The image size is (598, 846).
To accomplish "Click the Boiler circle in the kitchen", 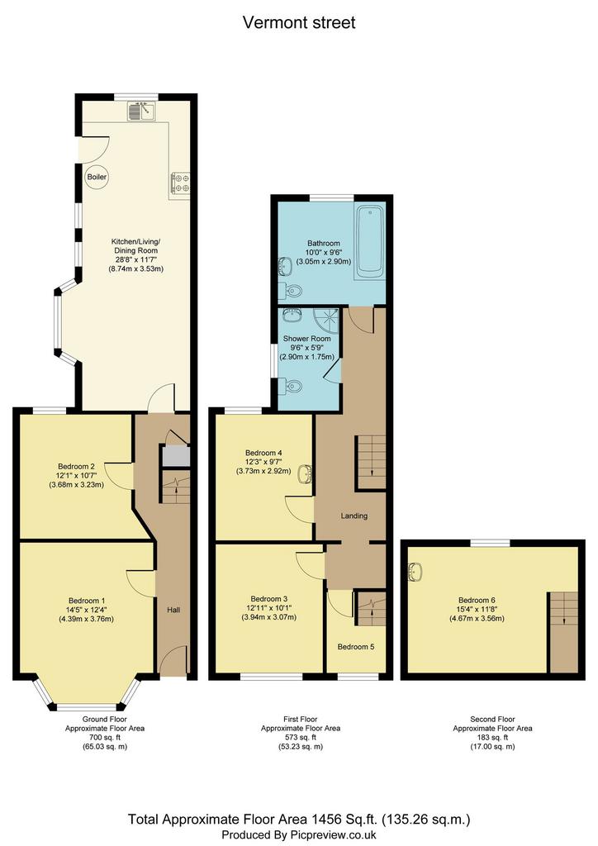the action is pos(97,177).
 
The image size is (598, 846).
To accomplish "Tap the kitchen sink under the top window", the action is pos(142,111).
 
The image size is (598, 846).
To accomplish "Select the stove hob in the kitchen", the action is pos(180,182).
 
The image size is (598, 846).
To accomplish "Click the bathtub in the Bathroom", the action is pos(369,241).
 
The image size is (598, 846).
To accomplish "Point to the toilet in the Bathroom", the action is pos(292,292).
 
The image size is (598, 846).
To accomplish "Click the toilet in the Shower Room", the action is pos(292,386).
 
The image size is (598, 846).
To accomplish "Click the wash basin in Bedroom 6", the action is pos(415,573).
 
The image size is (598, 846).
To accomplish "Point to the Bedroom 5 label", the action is pos(356,646).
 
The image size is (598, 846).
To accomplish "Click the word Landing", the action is pos(354,516).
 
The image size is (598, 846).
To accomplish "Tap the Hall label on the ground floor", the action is pos(173,610).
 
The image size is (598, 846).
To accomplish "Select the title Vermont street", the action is pos(299,22).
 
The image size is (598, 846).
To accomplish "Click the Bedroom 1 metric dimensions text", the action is pos(86,619).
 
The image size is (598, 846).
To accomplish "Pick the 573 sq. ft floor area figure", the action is pos(301,738).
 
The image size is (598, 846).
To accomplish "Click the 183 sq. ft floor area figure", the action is pos(492,738).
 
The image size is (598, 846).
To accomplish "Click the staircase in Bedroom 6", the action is pos(564,632).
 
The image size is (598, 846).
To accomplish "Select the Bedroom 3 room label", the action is pos(269,599).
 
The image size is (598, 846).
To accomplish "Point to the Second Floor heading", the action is pos(492,720).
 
